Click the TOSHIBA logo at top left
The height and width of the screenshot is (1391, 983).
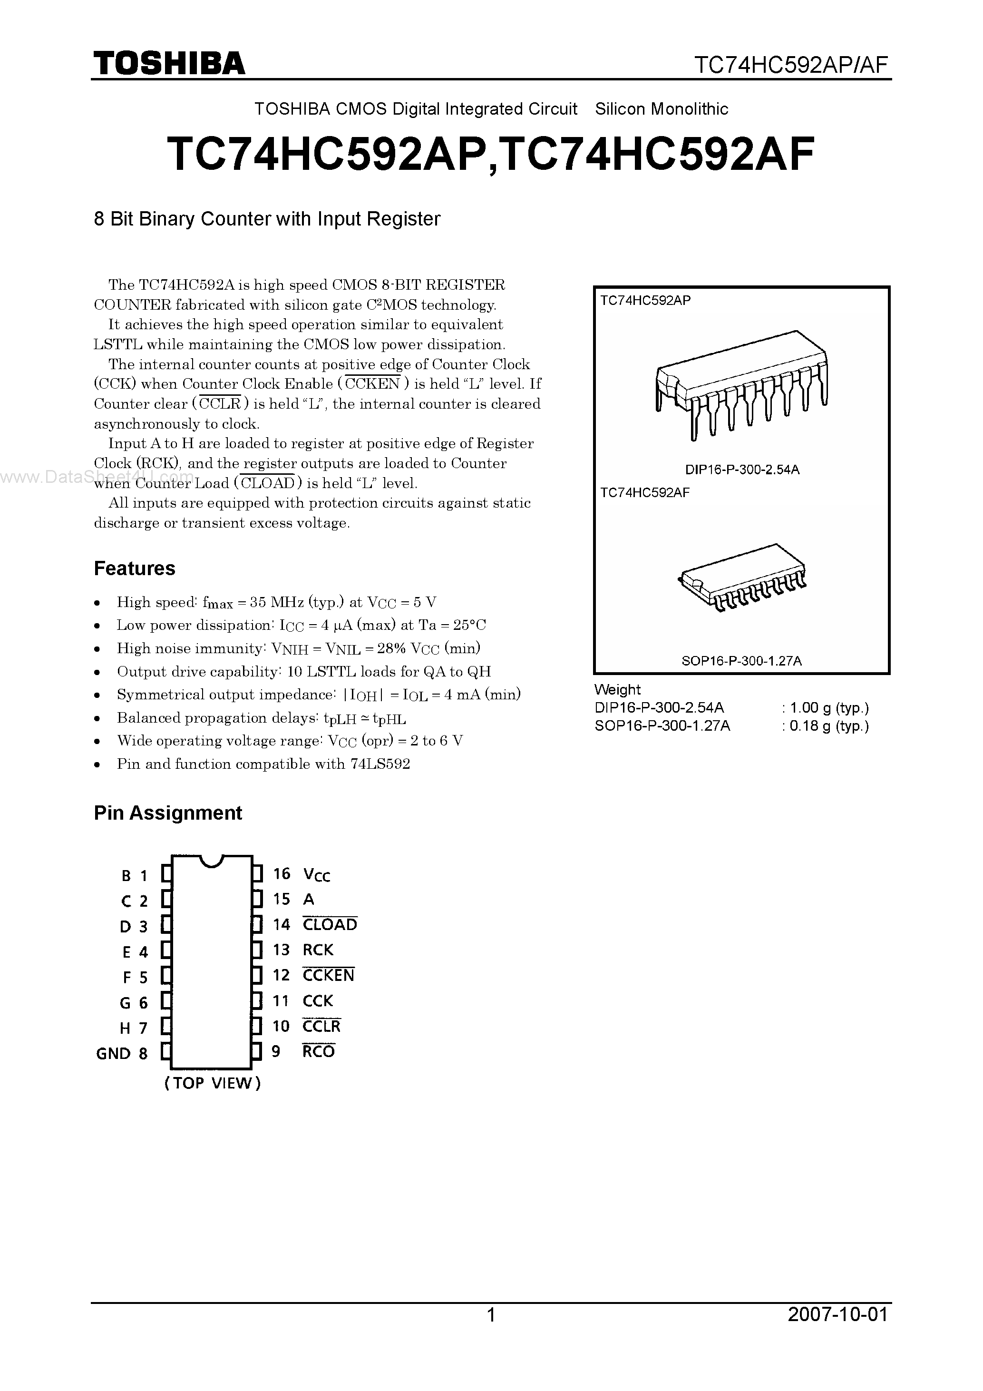[168, 63]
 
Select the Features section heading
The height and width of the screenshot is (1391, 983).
[135, 568]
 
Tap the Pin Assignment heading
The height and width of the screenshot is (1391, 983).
[168, 813]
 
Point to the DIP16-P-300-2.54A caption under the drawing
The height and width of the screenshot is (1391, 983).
[742, 470]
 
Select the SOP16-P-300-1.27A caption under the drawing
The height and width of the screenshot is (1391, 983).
[741, 661]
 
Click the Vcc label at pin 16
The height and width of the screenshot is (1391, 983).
[317, 874]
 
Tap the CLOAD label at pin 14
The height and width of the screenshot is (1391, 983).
[330, 924]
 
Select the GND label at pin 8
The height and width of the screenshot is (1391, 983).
[113, 1054]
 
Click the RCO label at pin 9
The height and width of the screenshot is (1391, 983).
[319, 1052]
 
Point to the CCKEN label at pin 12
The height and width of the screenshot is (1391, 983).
[328, 975]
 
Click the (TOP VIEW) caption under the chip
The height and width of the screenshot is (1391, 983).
[213, 1083]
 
